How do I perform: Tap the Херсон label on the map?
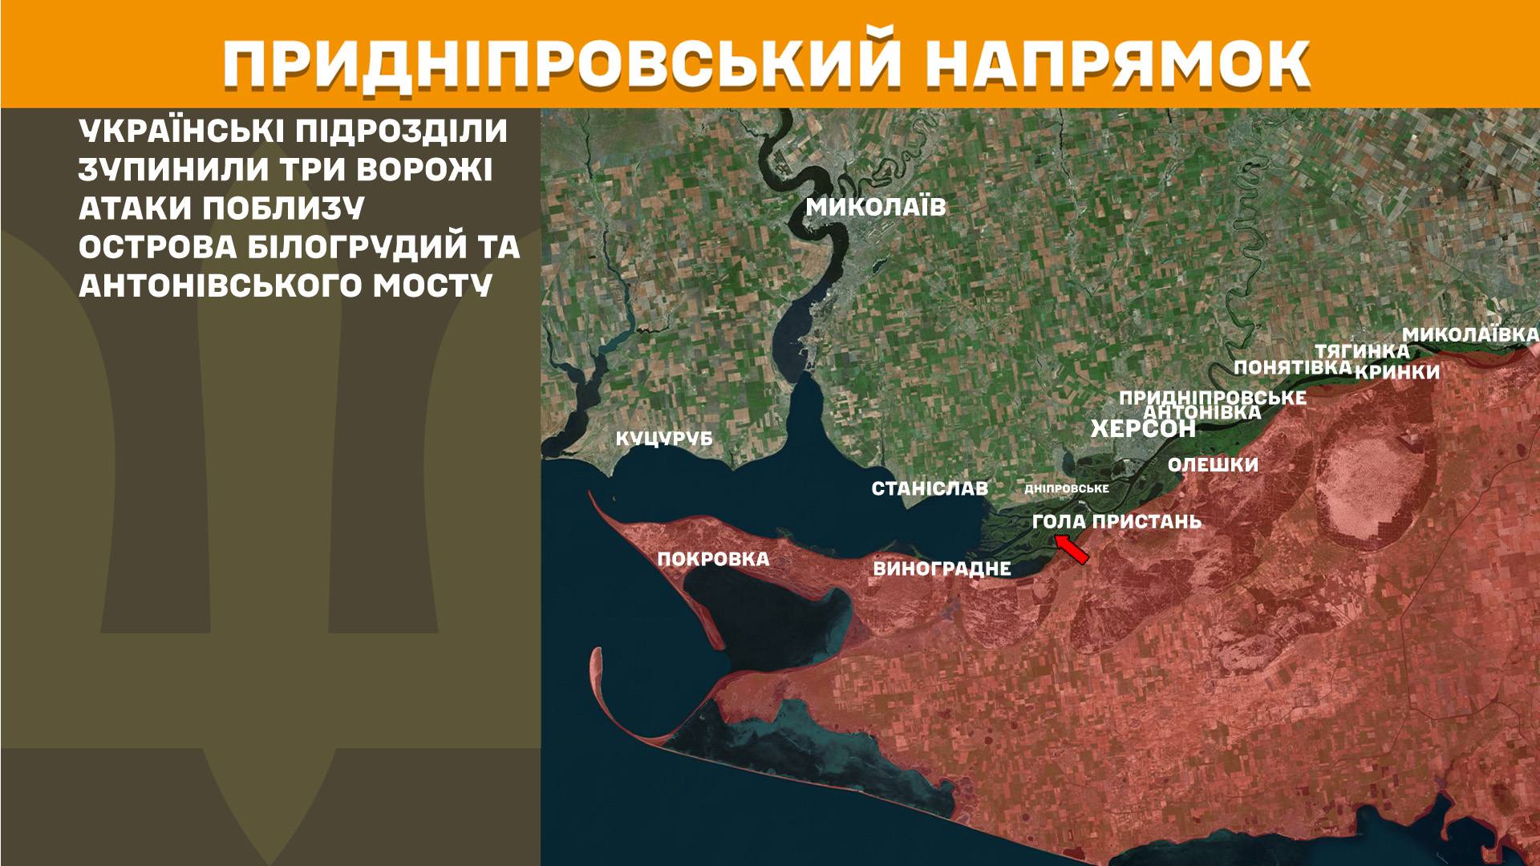click(x=1143, y=429)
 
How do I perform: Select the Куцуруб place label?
click(x=663, y=439)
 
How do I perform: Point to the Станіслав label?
click(x=930, y=488)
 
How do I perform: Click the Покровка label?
click(x=713, y=559)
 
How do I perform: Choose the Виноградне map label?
click(x=942, y=569)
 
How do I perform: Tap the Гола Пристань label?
click(x=1116, y=522)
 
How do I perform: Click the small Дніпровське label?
click(x=1067, y=488)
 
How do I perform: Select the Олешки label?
click(x=1213, y=465)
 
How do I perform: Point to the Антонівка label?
click(x=1202, y=412)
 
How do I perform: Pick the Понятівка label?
click(x=1293, y=367)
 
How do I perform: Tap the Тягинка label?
click(x=1361, y=351)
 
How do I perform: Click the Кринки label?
click(x=1397, y=372)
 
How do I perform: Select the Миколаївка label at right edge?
click(x=1470, y=334)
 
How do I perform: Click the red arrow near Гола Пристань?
click(x=1072, y=550)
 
